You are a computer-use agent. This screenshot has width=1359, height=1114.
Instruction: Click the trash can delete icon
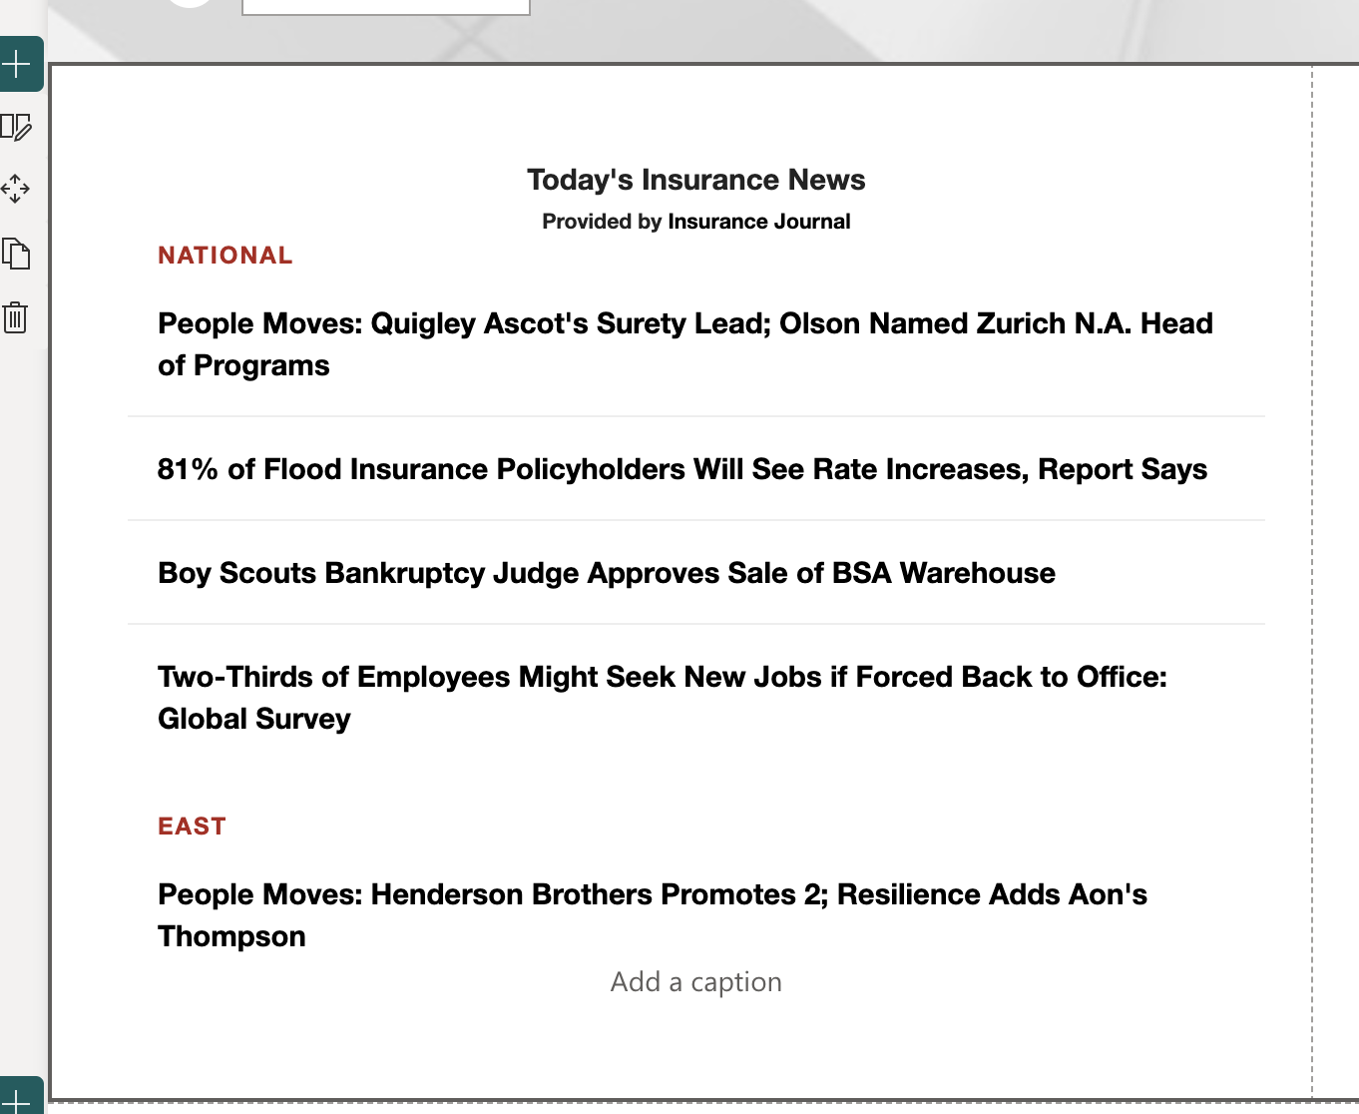tap(15, 317)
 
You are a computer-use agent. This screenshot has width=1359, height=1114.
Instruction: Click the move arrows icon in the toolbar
tap(15, 189)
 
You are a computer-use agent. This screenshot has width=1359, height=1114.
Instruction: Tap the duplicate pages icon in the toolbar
tap(15, 254)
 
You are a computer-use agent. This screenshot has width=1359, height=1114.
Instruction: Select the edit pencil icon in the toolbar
tap(16, 127)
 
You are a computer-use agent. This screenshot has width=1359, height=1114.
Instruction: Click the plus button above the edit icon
tap(18, 65)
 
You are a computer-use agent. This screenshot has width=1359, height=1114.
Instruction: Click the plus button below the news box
tap(18, 1098)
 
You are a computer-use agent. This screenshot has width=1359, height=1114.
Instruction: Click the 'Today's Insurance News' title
tap(695, 180)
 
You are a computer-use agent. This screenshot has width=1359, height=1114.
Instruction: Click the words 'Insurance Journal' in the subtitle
tap(758, 222)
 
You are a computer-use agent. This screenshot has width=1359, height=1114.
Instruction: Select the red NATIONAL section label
tap(226, 256)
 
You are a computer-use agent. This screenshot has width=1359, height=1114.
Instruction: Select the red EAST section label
tap(192, 827)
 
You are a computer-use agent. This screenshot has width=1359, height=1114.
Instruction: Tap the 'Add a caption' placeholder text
tap(695, 982)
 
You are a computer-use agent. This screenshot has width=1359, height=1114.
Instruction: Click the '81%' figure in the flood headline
tap(188, 469)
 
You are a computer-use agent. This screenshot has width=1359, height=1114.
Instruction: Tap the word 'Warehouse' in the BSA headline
tap(977, 573)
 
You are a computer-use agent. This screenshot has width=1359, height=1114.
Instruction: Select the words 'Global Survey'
tap(254, 719)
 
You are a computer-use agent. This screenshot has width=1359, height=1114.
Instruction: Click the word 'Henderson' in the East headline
tap(447, 894)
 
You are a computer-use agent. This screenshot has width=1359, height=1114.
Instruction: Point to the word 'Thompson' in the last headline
tap(231, 936)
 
